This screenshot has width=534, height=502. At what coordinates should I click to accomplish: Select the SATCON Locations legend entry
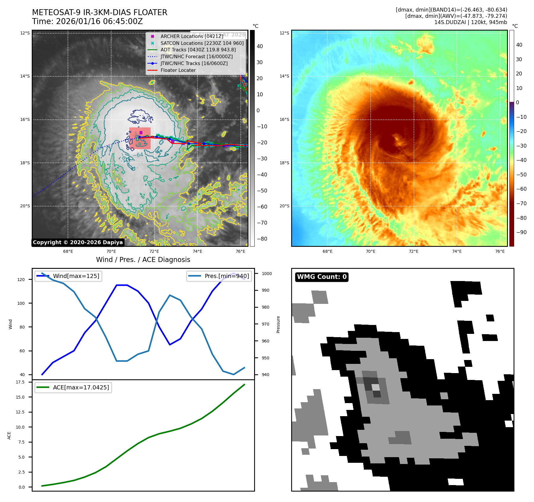(x=202, y=43)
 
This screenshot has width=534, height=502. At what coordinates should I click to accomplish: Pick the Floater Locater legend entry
(x=178, y=70)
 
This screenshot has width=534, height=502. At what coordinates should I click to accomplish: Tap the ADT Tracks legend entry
(x=198, y=50)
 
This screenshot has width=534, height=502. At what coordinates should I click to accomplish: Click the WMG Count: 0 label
(x=322, y=277)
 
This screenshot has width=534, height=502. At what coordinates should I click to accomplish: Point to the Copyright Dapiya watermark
(x=78, y=242)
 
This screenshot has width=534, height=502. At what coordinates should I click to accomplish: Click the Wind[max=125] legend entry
(x=76, y=276)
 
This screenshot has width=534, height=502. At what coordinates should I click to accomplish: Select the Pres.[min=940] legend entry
(x=227, y=276)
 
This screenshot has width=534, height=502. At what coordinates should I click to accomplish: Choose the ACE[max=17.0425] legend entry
(x=81, y=387)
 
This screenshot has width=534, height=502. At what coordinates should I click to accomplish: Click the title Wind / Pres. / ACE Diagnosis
(x=143, y=260)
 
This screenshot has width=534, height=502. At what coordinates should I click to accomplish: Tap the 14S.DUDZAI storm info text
(x=471, y=22)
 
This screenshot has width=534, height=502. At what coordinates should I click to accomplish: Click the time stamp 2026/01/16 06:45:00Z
(x=99, y=21)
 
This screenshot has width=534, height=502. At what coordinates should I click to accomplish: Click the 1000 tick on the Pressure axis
(x=267, y=274)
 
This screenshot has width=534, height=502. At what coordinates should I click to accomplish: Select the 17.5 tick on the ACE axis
(x=20, y=382)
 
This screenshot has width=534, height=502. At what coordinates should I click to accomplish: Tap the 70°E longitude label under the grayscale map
(x=111, y=251)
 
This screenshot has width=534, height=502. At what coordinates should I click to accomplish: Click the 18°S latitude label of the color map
(x=284, y=163)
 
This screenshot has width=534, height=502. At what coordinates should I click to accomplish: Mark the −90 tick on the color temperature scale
(x=521, y=232)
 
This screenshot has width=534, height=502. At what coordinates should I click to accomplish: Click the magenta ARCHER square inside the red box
(x=141, y=132)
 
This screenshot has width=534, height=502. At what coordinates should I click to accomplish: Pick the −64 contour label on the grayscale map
(x=138, y=155)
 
